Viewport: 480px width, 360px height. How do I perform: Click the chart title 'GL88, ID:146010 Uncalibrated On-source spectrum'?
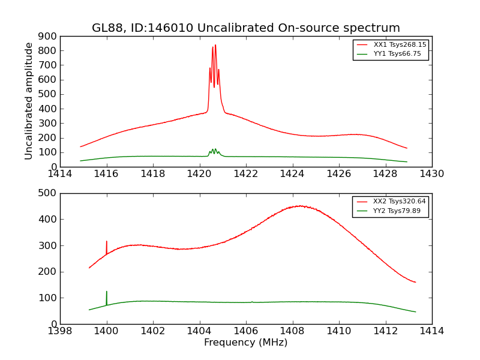click(246, 28)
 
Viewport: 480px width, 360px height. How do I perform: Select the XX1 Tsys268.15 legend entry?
click(400, 45)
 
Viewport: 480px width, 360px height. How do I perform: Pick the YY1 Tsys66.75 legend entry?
click(397, 54)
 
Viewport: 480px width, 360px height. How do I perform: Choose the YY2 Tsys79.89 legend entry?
click(397, 211)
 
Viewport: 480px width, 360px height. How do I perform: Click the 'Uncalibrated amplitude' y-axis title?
click(29, 101)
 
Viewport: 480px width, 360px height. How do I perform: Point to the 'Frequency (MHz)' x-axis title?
click(246, 343)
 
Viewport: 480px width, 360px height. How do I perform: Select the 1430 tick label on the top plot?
click(432, 174)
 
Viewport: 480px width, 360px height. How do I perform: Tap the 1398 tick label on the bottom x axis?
click(60, 331)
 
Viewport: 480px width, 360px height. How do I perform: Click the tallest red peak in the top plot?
click(215, 45)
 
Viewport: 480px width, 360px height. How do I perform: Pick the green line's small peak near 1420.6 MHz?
click(214, 149)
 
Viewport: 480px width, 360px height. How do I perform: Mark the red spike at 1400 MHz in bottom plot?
click(107, 241)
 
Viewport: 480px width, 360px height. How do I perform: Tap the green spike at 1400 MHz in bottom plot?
click(107, 292)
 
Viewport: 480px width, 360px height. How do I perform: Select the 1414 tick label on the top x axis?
click(60, 174)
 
